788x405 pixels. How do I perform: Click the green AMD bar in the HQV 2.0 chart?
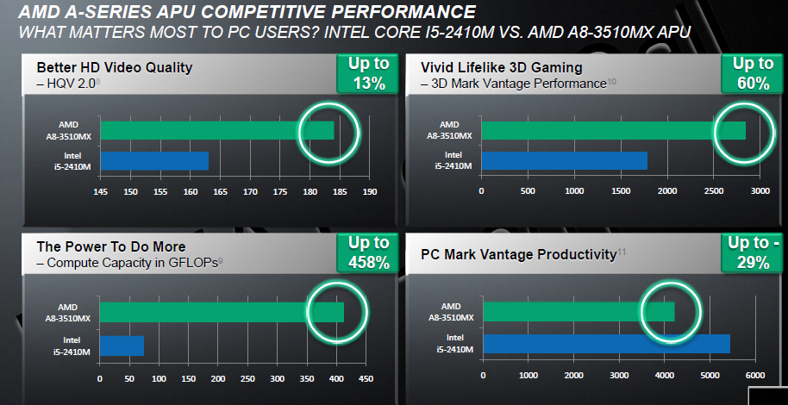(216, 130)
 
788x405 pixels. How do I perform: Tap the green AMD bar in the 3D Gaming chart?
(612, 130)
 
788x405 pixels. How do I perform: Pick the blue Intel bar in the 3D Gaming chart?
(564, 161)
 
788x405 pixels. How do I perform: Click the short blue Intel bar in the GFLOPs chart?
(122, 346)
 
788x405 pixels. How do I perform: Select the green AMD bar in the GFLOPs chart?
(221, 311)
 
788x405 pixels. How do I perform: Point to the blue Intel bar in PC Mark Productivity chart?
(605, 344)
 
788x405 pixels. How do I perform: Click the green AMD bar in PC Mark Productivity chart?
(578, 311)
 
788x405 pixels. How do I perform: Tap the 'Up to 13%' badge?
(368, 73)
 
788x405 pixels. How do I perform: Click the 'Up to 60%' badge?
(753, 73)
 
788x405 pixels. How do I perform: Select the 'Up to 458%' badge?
(368, 252)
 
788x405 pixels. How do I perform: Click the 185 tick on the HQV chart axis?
(340, 191)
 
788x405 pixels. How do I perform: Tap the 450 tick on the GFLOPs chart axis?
(366, 378)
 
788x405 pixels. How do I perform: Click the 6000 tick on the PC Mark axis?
(754, 375)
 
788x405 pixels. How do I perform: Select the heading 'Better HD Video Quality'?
(114, 67)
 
